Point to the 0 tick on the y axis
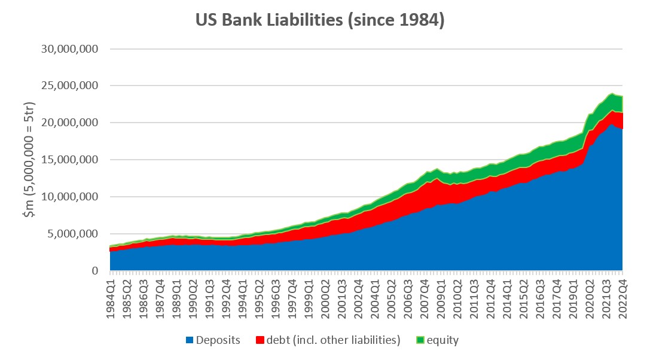coord(94,271)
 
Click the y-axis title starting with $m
coord(28,160)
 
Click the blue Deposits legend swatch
coord(190,340)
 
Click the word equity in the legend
coord(443,340)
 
